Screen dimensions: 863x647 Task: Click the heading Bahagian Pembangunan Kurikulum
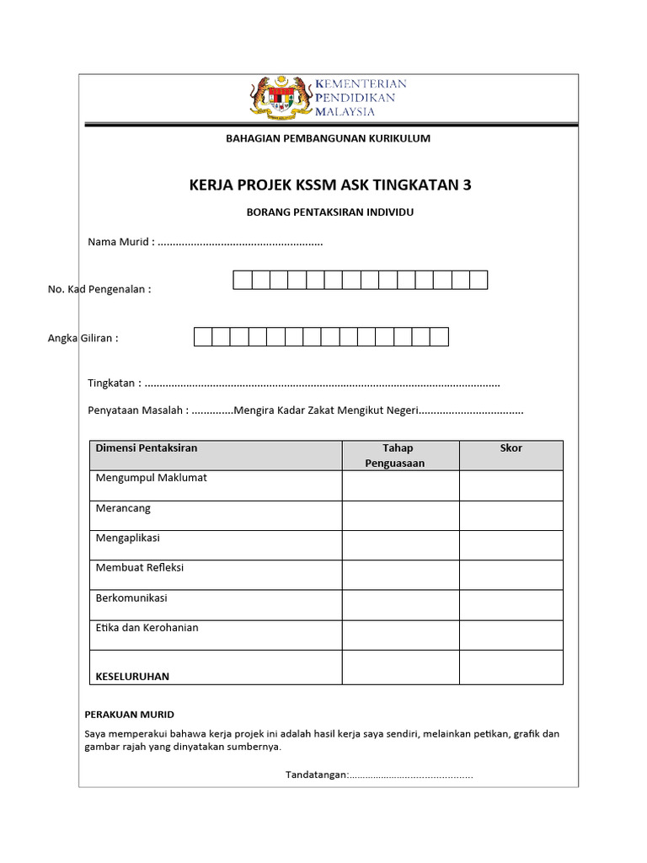[328, 138]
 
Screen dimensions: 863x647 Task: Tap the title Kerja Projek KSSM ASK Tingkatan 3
[330, 185]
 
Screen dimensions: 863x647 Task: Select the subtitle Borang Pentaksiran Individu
[329, 212]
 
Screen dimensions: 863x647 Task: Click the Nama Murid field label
[120, 243]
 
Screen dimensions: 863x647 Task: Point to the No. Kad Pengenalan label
[99, 290]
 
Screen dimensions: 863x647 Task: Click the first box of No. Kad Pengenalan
[243, 280]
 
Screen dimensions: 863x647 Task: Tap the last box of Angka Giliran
[439, 337]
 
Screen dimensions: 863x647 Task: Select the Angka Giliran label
[83, 339]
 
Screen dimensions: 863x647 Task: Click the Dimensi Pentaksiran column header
[147, 448]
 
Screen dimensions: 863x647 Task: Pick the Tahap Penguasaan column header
[400, 455]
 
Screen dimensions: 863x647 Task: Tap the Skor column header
[511, 448]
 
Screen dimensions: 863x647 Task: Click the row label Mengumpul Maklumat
[152, 478]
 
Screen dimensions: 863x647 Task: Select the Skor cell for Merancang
[511, 515]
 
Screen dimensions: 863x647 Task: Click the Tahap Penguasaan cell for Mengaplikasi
[400, 544]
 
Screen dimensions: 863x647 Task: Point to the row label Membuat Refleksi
[140, 568]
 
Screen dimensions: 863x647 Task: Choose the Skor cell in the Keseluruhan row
[511, 667]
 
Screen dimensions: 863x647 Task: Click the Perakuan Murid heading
[130, 715]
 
